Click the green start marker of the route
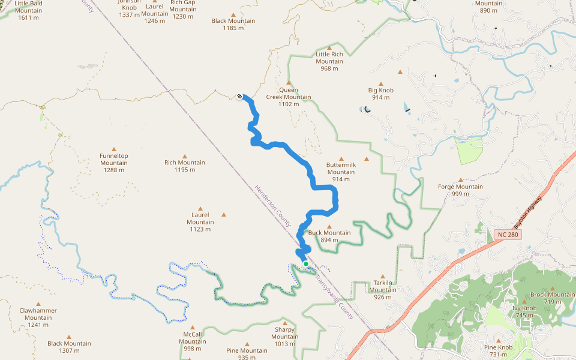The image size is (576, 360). coord(305,263)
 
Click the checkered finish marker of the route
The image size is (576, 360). coord(240,96)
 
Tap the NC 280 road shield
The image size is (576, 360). coord(509,233)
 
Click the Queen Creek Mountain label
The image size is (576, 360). coord(289,97)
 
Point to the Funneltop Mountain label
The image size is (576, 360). coord(114,163)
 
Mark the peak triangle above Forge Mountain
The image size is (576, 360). coord(461,179)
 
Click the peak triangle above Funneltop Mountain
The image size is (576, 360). coord(114,148)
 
